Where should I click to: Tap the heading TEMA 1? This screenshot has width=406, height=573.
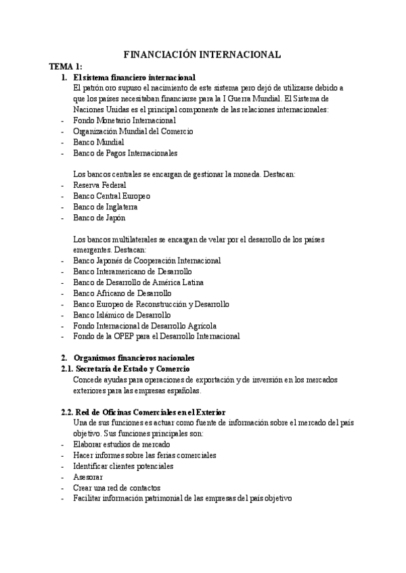coord(65,66)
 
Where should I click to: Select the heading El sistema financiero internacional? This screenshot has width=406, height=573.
coord(134,78)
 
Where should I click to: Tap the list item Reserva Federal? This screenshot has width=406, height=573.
coord(99,184)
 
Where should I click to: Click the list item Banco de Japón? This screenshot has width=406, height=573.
coord(99,217)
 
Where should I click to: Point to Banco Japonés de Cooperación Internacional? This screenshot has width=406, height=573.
coord(146,260)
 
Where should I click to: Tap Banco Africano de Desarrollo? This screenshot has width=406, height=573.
coord(122,293)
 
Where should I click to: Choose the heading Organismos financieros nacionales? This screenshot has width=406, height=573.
coord(133,357)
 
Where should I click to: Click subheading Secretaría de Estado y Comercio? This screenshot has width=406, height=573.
coord(132,368)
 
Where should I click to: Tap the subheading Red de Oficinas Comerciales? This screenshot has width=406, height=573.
coord(149,412)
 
